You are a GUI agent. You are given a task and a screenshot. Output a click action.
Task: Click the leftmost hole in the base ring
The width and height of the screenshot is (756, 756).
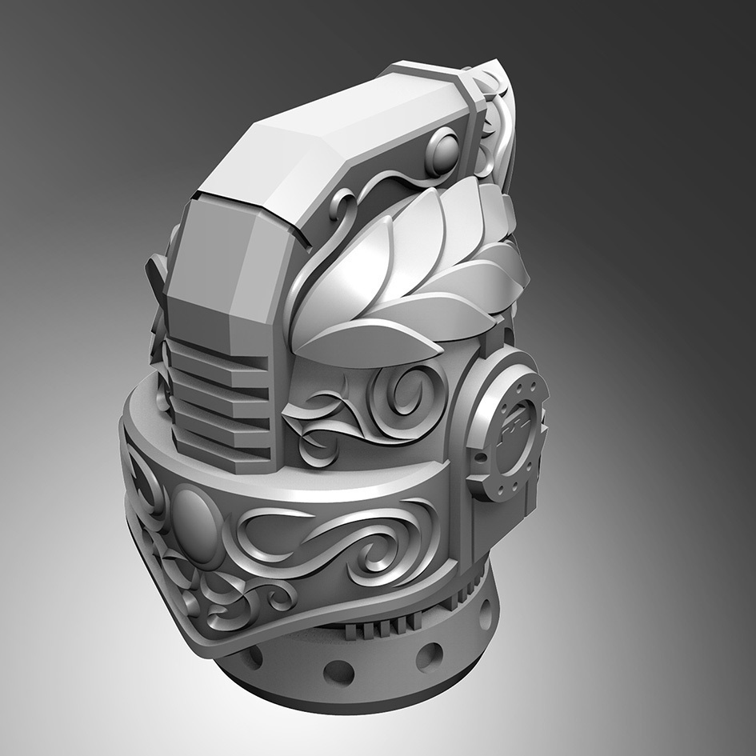[x=254, y=658]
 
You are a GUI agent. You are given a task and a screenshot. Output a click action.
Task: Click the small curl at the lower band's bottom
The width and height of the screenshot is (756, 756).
[x=276, y=596]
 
